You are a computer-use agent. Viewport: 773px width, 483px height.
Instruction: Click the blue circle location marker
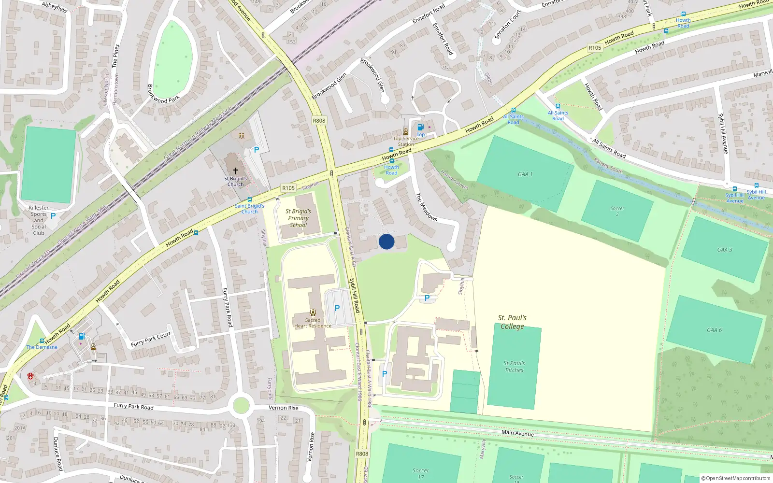point(386,241)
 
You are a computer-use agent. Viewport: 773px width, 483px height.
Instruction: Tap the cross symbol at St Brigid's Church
point(236,171)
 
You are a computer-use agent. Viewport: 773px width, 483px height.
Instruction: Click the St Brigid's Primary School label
point(298,218)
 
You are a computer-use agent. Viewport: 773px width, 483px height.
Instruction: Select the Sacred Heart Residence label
point(313,323)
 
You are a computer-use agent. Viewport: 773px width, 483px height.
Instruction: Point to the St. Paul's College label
point(512,322)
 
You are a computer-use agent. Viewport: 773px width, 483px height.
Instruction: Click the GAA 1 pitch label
point(525,174)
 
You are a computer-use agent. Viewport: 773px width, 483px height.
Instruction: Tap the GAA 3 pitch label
point(725,250)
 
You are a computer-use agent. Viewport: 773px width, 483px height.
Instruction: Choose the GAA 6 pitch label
point(714,330)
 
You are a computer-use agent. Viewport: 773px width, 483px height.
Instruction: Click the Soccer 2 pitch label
point(617,211)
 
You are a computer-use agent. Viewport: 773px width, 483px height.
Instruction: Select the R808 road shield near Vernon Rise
point(362,454)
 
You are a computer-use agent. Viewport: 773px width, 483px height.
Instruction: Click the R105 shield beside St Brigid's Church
point(288,188)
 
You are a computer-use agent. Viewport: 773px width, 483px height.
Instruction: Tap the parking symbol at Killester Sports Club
point(53,216)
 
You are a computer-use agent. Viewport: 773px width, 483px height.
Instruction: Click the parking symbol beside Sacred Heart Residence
point(337,308)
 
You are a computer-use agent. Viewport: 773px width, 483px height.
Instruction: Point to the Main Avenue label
point(517,433)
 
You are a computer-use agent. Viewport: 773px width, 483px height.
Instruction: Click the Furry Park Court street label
point(151,339)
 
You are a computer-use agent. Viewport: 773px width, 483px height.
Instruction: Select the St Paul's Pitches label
point(514,367)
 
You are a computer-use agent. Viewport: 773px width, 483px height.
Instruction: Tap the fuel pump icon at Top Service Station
point(420,128)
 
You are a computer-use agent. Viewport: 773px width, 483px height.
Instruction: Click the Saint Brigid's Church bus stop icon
point(250,199)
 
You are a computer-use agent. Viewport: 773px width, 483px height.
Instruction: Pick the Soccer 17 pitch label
point(420,473)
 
